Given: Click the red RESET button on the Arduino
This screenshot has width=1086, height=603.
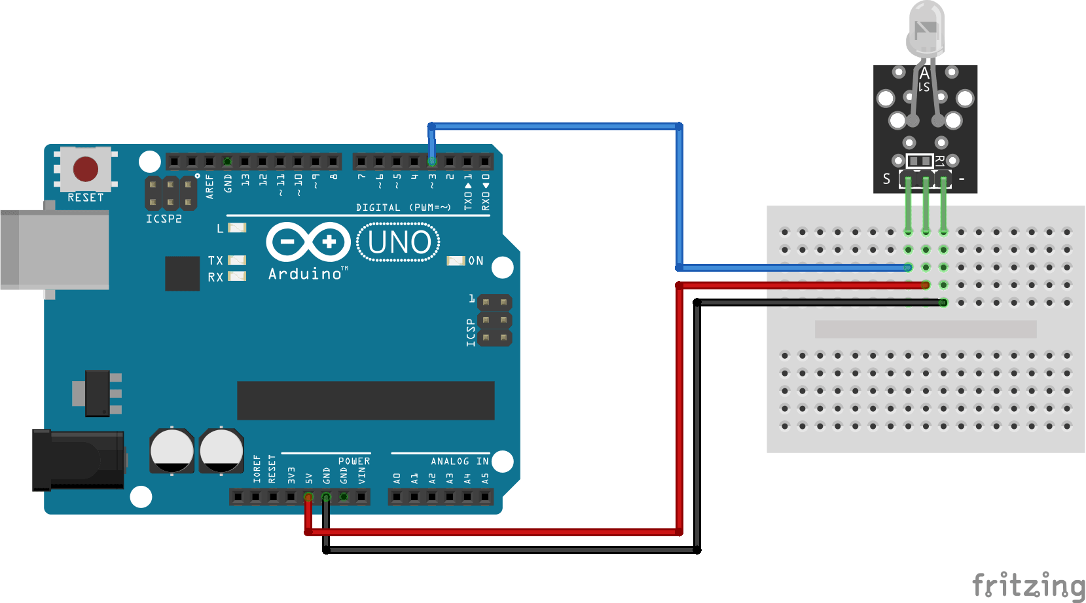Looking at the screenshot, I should coord(86,169).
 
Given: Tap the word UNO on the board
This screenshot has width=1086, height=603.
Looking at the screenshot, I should coord(399,242).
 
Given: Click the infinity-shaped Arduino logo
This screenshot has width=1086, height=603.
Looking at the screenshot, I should coord(308,242).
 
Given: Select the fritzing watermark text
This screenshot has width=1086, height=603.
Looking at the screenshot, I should coord(1028,585).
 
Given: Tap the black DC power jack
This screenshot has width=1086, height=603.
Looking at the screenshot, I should coord(79,460).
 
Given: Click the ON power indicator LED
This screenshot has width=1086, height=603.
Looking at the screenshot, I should coord(455,261).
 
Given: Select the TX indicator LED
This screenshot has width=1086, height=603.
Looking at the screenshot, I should coord(237,261).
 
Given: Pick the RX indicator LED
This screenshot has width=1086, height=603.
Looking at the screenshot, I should coord(237,276).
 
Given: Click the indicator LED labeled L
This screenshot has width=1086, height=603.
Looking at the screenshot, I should coord(237,228).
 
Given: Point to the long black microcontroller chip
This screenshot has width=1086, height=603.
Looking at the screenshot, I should coord(365,400).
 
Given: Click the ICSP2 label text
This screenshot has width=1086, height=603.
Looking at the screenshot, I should coord(164,219).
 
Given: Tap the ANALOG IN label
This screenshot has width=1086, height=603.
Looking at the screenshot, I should coord(460,462).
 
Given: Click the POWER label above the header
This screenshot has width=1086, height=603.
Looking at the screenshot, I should coord(354,462).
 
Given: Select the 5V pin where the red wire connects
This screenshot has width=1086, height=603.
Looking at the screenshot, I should coord(308,498).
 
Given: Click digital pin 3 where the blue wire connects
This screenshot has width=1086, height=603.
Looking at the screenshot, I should coord(432,161).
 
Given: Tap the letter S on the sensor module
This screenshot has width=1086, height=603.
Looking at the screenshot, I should coord(886,179).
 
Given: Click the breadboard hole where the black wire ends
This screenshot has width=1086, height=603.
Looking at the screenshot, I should coord(943,302).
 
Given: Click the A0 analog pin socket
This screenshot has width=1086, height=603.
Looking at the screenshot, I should coord(397,498).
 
